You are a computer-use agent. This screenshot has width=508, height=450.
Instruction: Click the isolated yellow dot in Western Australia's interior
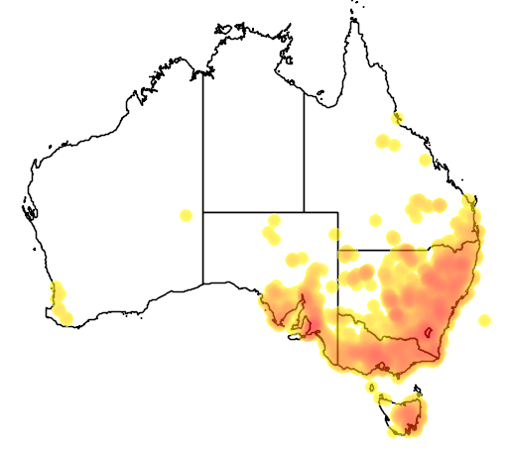point(186,215)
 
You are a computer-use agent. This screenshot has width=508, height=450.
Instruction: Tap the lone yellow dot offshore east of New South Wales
point(484,320)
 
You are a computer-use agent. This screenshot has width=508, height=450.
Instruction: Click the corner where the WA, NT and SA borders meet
point(203,211)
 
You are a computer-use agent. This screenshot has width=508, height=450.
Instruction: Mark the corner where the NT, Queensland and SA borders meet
point(304,211)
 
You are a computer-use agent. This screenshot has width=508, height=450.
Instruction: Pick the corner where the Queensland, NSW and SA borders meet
point(337,250)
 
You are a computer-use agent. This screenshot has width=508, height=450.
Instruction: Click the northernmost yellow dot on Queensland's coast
point(397,119)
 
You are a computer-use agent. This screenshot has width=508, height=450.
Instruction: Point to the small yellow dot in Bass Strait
point(371,386)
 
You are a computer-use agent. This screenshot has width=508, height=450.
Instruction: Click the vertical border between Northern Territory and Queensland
point(304,149)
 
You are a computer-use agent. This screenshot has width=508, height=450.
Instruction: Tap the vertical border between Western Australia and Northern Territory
point(203,139)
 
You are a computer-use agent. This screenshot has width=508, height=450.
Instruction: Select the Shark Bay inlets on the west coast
point(29,210)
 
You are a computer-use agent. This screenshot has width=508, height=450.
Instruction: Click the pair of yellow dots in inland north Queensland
point(387,143)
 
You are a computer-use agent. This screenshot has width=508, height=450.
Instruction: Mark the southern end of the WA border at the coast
point(203,283)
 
